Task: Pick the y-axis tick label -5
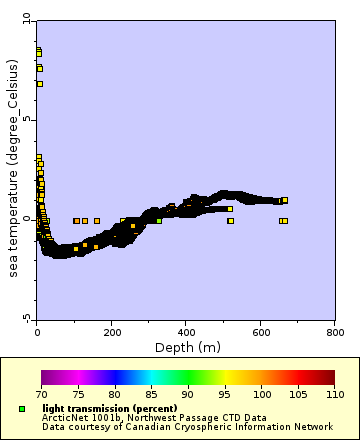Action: coord(27,318)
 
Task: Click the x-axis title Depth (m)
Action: coord(187,347)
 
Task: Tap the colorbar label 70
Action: coord(41,396)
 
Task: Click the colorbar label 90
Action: coord(187,396)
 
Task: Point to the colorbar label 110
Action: coord(333,396)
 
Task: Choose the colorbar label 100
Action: coord(261,396)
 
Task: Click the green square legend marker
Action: coord(22,409)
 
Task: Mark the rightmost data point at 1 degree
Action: coord(284,200)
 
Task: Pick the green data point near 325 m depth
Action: coord(158,220)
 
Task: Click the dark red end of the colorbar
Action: coord(330,378)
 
